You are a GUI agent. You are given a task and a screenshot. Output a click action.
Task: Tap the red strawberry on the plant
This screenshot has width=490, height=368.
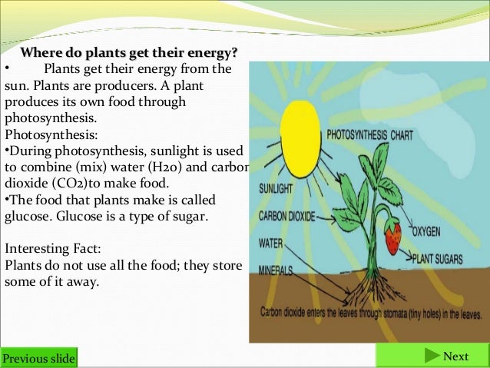pos(392,237)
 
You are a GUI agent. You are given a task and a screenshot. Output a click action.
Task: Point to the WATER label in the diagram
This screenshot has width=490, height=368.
pos(272,243)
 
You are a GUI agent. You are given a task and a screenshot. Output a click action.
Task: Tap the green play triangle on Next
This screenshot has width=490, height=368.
pos(429,356)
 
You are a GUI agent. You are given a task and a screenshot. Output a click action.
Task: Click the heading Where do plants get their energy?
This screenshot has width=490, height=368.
pos(129,54)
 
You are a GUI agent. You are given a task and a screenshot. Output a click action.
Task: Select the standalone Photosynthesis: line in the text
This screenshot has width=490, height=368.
pos(45,134)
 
